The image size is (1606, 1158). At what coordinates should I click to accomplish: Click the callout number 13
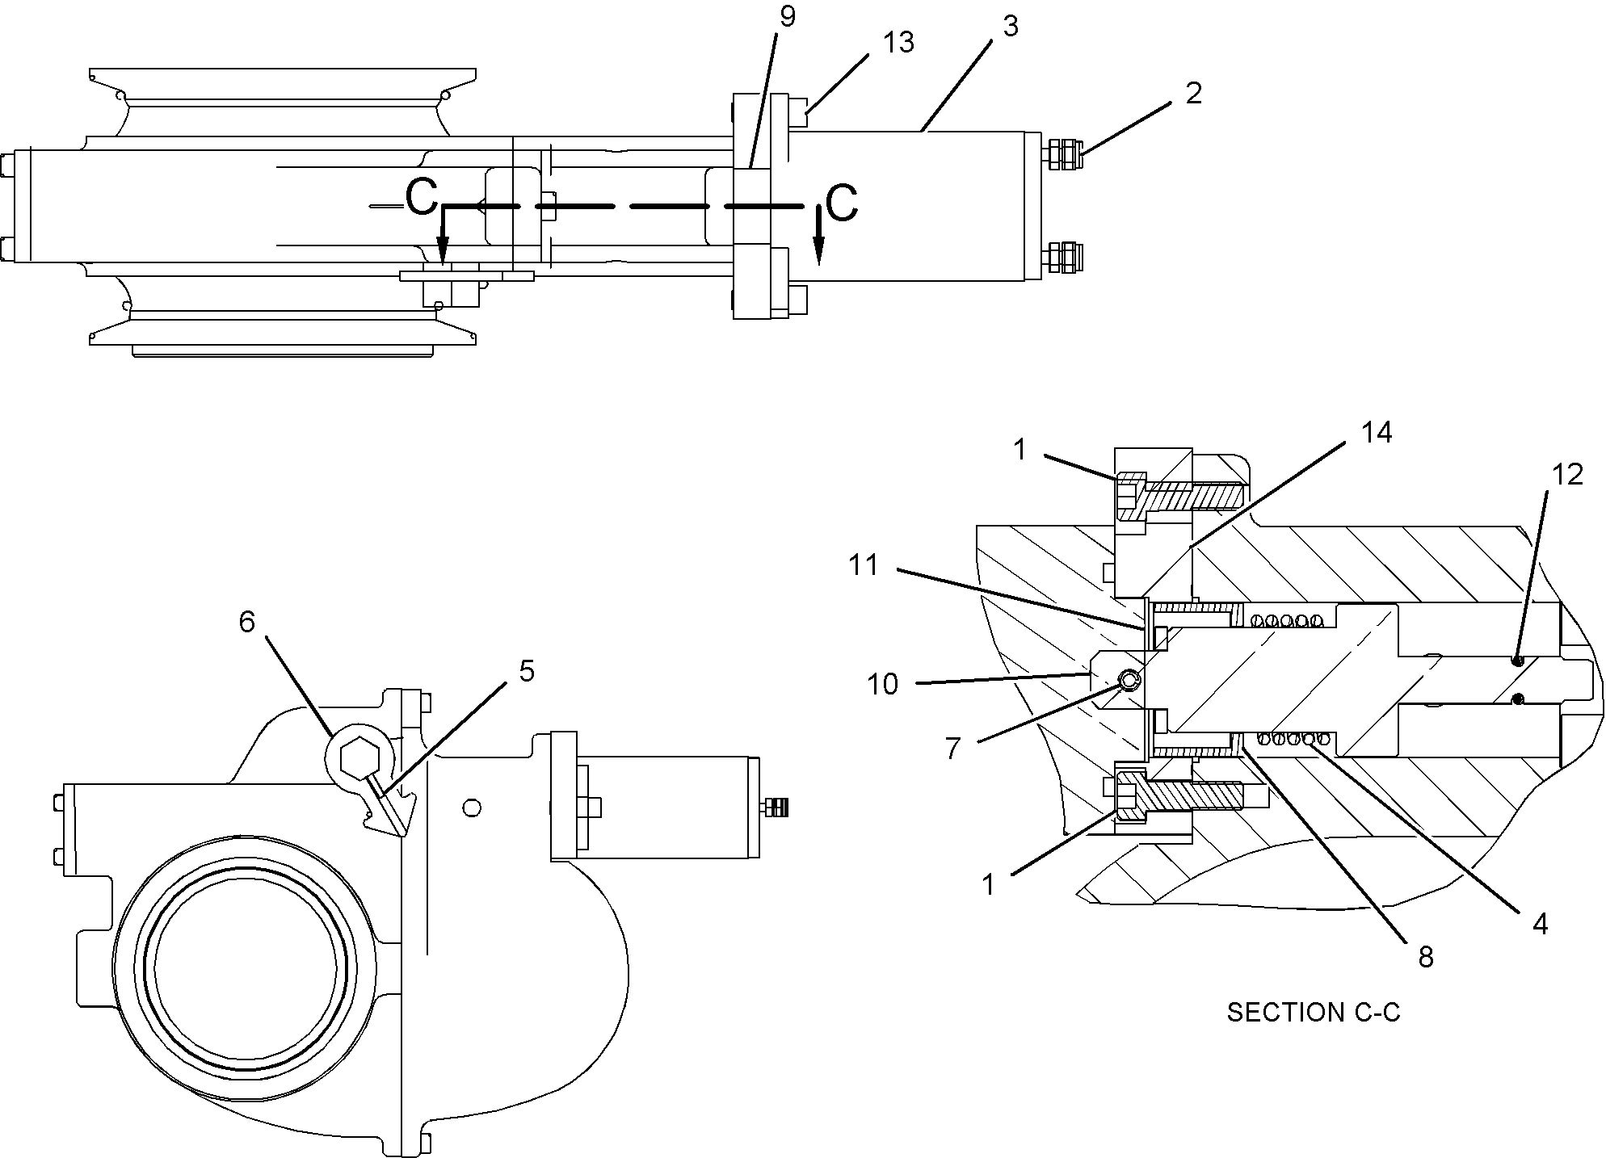[898, 42]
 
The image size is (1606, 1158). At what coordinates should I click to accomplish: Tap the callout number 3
[1010, 26]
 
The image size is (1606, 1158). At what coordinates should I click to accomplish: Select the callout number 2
[1194, 93]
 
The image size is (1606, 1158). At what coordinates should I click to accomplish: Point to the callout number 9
[788, 16]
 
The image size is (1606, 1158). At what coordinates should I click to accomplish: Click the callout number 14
[1377, 433]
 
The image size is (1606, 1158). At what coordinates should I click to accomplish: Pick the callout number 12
[1567, 475]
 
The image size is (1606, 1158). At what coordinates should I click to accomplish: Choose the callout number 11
[864, 564]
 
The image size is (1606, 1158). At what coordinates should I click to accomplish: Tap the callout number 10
[882, 684]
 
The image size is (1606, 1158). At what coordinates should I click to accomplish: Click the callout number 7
[953, 749]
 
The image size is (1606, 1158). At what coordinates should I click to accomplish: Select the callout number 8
[1426, 957]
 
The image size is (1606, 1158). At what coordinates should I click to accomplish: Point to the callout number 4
[1540, 924]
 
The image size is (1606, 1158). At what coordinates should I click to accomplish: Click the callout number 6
[246, 621]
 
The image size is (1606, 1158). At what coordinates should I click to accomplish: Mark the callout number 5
[527, 670]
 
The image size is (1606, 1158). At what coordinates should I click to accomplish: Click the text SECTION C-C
[1314, 1012]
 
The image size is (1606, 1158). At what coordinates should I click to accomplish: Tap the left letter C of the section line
[421, 197]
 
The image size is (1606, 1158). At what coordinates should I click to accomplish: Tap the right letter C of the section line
[842, 203]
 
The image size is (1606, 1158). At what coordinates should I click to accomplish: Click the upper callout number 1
[1020, 449]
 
